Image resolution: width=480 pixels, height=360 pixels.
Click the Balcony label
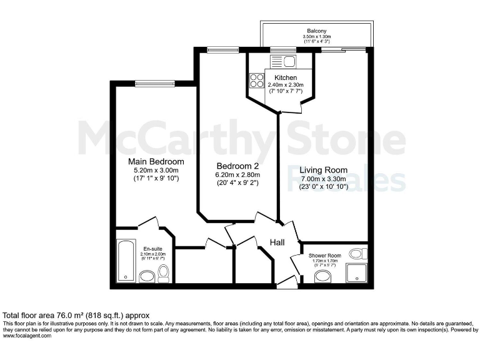tap(317, 31)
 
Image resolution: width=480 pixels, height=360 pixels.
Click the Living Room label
tap(323, 170)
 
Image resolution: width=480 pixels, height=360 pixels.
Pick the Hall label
tap(278, 242)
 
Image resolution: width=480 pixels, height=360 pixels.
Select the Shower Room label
tap(325, 255)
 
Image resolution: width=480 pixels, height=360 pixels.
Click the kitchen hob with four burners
tap(257, 81)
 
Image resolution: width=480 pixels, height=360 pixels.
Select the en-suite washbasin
tap(147, 276)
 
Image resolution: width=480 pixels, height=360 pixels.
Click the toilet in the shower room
tap(357, 254)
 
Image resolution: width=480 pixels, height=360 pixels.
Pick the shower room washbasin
tap(322, 276)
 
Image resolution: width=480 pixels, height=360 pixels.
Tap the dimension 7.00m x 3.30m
tap(323, 179)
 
